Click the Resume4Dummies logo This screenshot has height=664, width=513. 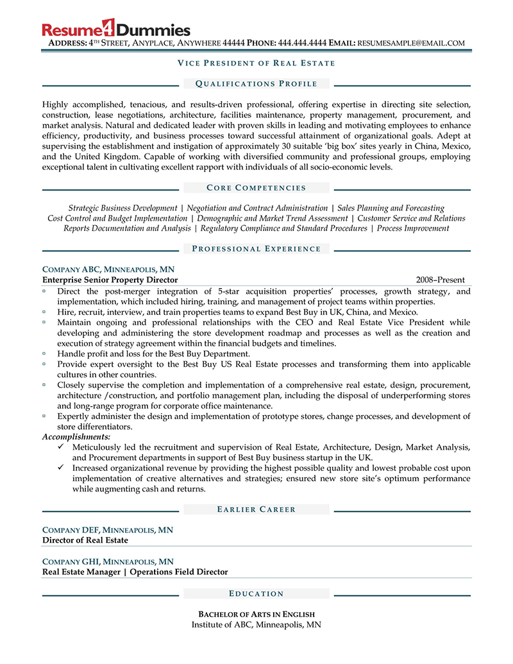point(116,29)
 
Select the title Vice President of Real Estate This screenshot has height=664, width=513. point(256,63)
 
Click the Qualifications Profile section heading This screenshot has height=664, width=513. point(256,83)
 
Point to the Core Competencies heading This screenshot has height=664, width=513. point(256,188)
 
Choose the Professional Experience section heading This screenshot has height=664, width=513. point(256,249)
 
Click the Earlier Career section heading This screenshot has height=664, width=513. point(256,509)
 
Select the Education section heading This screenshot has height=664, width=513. point(256,593)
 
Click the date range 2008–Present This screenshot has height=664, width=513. point(440,280)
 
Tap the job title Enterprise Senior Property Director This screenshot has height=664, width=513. point(110,280)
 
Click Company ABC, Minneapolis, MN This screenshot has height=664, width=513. point(108,269)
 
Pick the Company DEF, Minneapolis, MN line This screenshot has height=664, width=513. point(108,530)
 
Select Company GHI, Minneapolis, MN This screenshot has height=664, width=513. point(108,561)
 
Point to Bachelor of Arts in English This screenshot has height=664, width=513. point(256,614)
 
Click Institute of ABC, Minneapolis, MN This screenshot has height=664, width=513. point(256,624)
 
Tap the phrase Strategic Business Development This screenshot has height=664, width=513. point(122,209)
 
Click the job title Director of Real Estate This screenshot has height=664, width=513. point(85,540)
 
